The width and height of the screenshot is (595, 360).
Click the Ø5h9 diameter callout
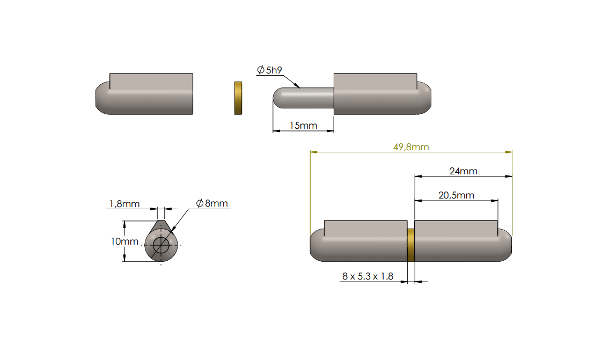tap(270, 70)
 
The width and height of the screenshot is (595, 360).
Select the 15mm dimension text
tap(303, 126)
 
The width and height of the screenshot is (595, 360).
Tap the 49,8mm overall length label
tap(411, 147)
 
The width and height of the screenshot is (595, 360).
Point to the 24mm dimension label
tap(463, 171)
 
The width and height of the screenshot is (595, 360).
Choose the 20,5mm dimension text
tap(456, 195)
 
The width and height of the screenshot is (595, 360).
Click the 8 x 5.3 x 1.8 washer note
tap(368, 276)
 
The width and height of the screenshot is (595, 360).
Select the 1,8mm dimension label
tap(124, 204)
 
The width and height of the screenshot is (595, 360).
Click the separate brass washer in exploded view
tap(238, 98)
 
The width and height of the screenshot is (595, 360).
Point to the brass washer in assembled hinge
tap(411, 245)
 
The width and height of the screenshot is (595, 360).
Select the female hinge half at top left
tap(145, 94)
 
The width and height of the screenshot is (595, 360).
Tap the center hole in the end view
tap(160, 245)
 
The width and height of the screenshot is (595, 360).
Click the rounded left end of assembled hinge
tap(317, 245)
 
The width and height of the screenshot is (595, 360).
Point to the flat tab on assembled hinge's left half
tap(365, 226)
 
